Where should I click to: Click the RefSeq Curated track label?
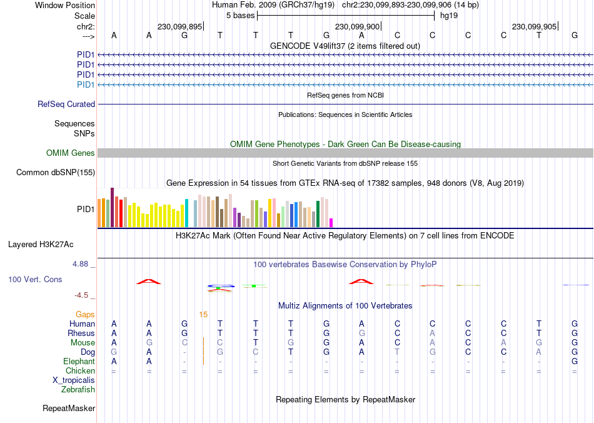coord(66,104)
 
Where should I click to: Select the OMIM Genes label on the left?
coord(71,153)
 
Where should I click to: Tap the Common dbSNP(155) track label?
coord(56,173)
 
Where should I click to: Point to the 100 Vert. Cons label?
coord(35,279)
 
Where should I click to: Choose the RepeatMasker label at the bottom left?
coord(69,409)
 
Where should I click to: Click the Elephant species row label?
coord(79,362)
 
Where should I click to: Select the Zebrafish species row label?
coord(78,390)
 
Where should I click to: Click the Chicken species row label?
coord(80,371)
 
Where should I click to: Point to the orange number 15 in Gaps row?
coord(203,314)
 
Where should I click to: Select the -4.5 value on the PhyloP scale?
coord(84,295)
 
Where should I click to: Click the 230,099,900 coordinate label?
coord(356,27)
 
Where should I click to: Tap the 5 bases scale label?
coord(240,16)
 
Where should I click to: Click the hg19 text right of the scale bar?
coord(449,16)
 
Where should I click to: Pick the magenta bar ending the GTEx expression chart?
coord(331,223)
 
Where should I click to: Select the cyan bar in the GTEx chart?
coord(186,213)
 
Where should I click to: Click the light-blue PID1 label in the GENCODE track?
coord(86,84)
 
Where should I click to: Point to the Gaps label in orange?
coord(85,314)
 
